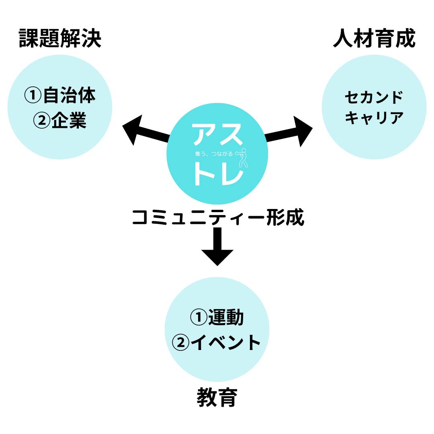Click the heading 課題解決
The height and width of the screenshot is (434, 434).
[60, 39]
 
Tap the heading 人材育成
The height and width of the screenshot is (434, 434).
[374, 39]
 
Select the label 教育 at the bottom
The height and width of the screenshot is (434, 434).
[217, 398]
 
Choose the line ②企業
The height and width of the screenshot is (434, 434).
[60, 119]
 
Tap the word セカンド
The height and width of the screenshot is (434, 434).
[374, 97]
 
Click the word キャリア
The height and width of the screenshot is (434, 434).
[374, 118]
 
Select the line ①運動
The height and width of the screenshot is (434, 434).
[217, 318]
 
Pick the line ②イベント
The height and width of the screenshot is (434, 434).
[217, 342]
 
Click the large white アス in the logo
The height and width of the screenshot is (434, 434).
[217, 133]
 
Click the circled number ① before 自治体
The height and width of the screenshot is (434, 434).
[33, 96]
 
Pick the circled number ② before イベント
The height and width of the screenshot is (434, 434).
[180, 343]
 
